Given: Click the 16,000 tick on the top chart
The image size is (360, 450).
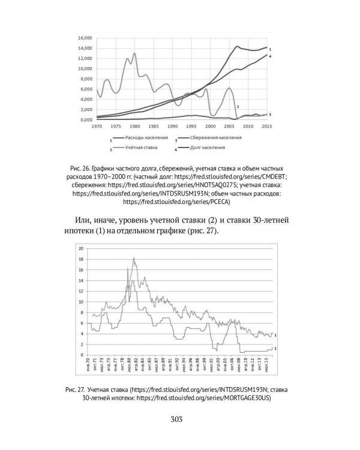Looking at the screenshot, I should coord(83,38).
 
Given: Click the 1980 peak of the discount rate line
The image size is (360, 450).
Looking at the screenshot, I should coord(134,53).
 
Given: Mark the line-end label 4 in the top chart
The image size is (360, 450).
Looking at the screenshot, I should coord(271,56).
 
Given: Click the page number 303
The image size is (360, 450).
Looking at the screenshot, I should coord(179,419).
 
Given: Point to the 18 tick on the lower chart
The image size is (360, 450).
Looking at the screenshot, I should coord(80,259).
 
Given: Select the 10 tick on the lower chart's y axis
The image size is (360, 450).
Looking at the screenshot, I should coord(80,301).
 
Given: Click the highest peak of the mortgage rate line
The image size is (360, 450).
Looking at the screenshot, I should coord(134,258).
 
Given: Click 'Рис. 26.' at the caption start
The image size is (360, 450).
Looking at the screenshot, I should coord(79,163).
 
